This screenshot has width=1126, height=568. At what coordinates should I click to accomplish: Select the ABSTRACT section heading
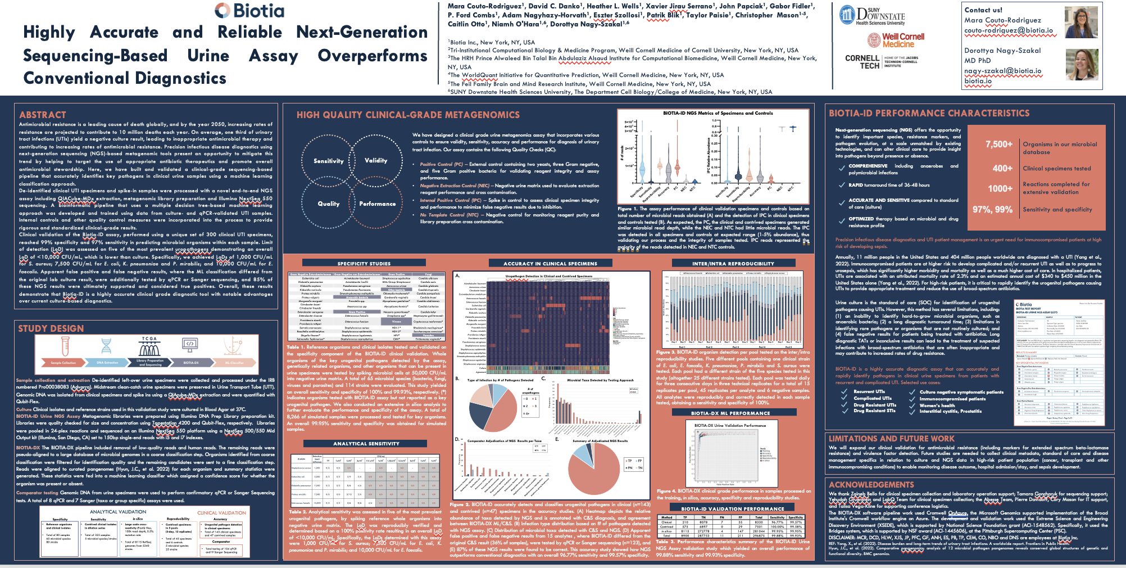(43, 115)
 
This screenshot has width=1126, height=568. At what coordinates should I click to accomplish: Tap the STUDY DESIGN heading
(51, 328)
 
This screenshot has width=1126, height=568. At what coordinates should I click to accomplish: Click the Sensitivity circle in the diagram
(328, 161)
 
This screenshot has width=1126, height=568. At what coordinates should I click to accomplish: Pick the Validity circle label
(376, 161)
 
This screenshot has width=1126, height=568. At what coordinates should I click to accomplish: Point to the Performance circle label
(378, 204)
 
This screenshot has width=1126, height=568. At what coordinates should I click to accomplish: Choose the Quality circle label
(329, 204)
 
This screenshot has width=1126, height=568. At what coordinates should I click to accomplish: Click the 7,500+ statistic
(999, 145)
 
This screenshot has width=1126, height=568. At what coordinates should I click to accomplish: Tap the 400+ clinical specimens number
(1002, 168)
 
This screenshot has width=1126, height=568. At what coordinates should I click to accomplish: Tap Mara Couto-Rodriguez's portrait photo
(1081, 22)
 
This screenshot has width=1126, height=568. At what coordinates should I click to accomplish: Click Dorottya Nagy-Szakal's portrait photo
(1082, 65)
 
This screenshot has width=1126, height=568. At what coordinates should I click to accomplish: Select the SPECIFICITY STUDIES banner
(364, 263)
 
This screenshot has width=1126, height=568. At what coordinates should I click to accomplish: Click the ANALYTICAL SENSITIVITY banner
(366, 444)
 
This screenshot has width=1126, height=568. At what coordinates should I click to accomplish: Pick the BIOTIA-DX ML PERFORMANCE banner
(730, 413)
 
